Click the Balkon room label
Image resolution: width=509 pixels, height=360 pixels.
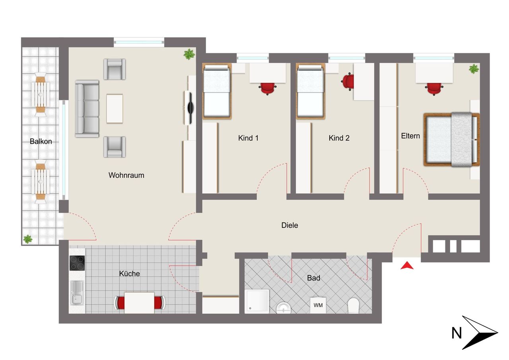41,141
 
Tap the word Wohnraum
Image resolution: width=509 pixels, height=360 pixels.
126,175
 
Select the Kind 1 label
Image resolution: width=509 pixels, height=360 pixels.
249,138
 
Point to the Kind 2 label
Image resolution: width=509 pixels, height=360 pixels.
339,138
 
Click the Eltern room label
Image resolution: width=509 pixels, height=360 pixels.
410,136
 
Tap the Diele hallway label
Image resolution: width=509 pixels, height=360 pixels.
290,225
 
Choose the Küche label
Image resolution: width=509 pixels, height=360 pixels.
130,273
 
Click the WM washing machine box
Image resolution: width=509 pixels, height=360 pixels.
318,305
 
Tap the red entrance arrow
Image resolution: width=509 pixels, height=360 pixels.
407,265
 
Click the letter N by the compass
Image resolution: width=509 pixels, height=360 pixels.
457,333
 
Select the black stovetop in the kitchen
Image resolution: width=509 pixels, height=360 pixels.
77,263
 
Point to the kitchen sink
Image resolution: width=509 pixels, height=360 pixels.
77,293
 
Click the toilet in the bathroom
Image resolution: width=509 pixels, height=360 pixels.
354,305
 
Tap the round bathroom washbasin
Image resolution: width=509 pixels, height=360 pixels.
284,308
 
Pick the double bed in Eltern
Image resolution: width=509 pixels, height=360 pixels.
452,140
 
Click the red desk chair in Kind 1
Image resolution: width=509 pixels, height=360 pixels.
268,88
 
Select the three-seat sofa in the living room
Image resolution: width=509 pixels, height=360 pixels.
87,109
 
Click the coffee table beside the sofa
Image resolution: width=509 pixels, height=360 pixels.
115,109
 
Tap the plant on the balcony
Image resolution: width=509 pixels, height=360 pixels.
28,239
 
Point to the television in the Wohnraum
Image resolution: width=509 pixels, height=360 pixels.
190,108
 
